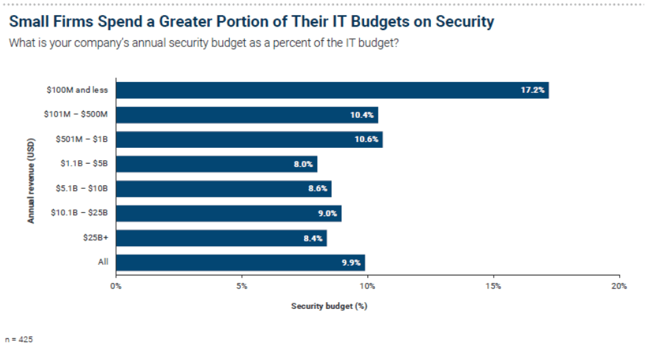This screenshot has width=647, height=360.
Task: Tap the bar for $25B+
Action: tap(222, 238)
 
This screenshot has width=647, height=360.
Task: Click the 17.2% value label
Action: tap(532, 90)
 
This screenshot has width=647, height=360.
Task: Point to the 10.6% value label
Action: tap(366, 140)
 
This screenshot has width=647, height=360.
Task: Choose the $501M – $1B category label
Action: tap(82, 139)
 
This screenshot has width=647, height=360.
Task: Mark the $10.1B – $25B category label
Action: tap(79, 213)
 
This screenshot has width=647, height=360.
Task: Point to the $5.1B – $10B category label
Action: tap(82, 188)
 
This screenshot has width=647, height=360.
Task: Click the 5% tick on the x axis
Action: tap(241, 286)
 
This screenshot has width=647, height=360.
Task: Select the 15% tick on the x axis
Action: tap(494, 286)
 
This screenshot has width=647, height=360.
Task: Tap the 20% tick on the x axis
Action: tap(618, 286)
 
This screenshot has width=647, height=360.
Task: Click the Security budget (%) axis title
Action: tap(329, 306)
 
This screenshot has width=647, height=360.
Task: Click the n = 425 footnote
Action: tap(18, 339)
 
